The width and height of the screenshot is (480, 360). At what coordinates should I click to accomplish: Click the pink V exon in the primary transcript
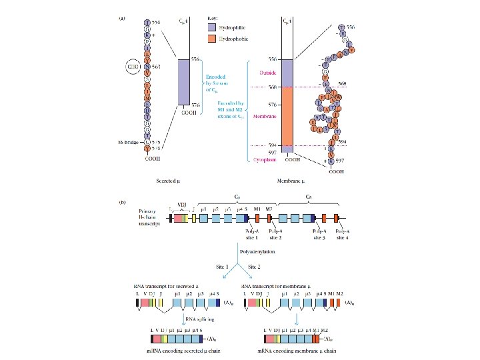179,217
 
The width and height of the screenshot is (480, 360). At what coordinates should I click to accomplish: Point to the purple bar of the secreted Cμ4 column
185,82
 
